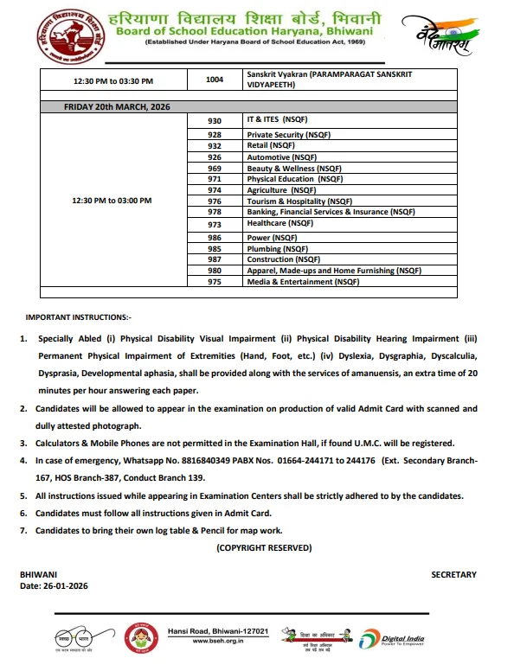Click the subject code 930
coord(215,120)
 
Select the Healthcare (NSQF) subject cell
coord(279,223)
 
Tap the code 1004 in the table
coord(215,80)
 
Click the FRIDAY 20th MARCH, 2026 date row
coord(117,106)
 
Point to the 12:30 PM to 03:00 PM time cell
coord(112,200)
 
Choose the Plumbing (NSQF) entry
coord(276,248)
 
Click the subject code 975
coord(215,282)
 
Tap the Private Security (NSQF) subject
coord(287,135)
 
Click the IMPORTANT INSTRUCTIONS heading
coord(79,318)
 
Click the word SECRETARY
coord(453,574)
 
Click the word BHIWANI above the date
coord(38,574)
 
